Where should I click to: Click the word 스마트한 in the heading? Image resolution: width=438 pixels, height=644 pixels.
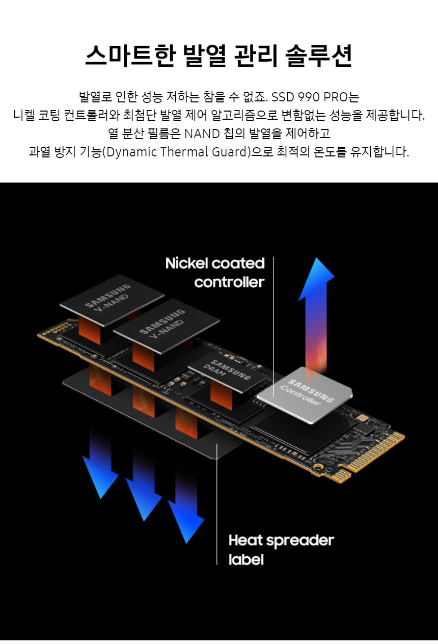126,56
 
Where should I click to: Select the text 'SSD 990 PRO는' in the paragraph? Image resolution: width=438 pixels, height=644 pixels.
315,97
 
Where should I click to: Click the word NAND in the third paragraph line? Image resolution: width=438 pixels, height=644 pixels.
203,133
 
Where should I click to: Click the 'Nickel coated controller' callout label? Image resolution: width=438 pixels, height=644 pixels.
215,273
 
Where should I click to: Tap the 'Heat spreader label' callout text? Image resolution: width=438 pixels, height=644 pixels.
281,549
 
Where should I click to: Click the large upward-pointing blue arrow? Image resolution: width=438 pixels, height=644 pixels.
316,306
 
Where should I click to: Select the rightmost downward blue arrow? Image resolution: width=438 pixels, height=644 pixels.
186,515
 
